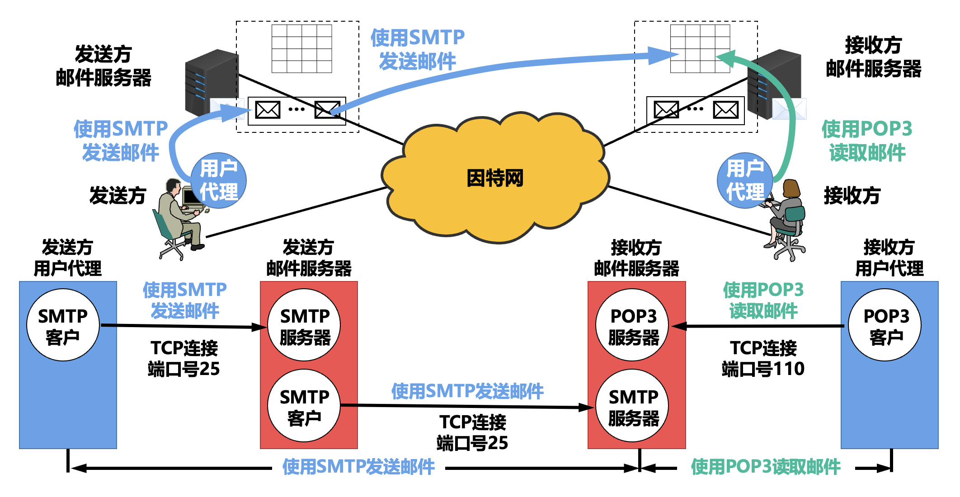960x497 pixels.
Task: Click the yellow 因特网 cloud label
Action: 495,178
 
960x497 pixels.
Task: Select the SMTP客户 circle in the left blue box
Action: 63,325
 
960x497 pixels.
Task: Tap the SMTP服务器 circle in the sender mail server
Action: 304,325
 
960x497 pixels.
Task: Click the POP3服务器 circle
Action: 633,325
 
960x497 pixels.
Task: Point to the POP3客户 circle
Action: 885,325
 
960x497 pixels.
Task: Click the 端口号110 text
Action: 763,369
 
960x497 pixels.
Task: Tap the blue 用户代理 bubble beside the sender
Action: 219,180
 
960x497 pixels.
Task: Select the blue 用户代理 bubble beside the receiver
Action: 744,180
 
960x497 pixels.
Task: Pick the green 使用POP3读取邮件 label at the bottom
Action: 766,467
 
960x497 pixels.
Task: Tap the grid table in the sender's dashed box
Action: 301,48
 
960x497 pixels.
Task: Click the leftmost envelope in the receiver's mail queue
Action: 666,110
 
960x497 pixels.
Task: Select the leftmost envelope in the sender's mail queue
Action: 268,110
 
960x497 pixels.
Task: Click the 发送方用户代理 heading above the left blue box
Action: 68,258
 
